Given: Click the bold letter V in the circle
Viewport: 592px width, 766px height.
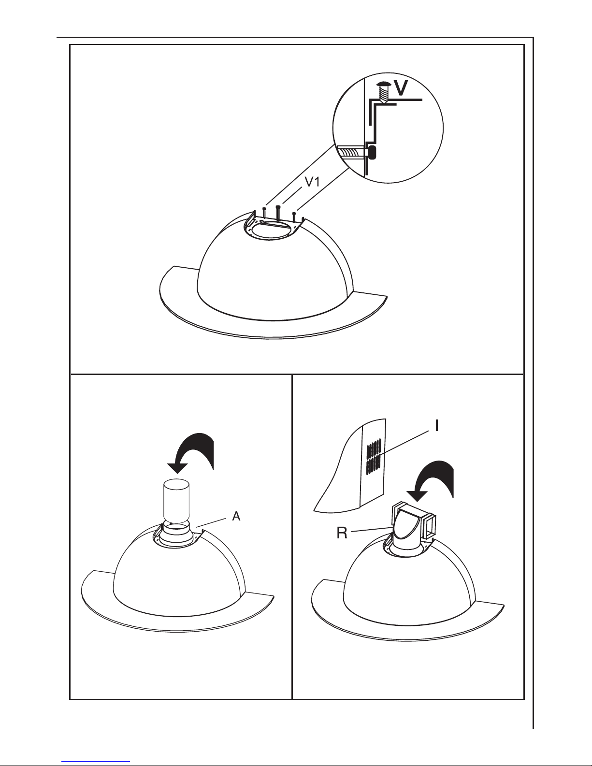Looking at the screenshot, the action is tap(401, 88).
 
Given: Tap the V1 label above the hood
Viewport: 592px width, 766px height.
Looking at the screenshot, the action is tap(312, 181).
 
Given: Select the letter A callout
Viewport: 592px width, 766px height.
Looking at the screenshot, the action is tap(236, 516).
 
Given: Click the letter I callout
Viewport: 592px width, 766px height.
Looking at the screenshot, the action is tap(437, 426).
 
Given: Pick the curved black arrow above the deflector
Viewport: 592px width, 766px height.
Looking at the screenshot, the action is tap(432, 479).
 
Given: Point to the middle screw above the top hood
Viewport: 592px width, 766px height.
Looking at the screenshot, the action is tap(278, 212).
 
